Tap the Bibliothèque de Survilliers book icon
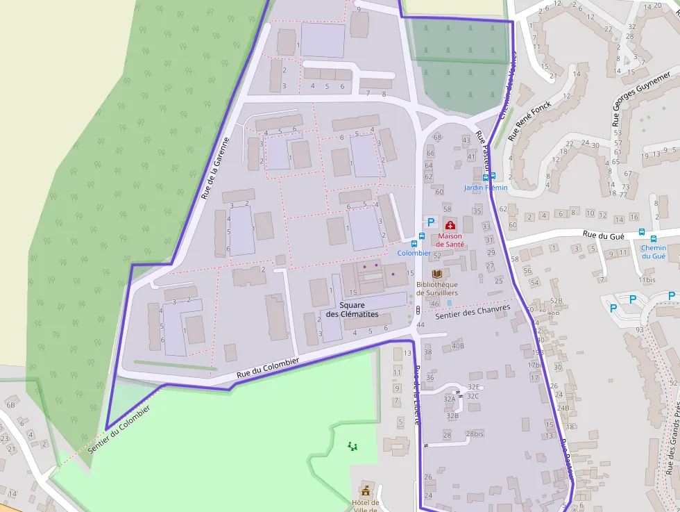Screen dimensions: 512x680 436,274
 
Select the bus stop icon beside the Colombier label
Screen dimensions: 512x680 414,244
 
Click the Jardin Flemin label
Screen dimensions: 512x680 486,188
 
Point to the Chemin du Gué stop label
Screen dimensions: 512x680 653,251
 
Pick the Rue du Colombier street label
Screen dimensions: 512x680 267,368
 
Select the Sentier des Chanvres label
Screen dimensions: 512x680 473,312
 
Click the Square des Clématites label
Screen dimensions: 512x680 352,310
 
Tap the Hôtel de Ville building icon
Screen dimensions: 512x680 366,491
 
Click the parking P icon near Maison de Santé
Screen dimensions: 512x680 430,222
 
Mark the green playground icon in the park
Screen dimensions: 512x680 352,446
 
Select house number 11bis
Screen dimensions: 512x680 647,280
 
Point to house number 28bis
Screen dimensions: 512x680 474,433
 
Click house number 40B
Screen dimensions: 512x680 457,345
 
